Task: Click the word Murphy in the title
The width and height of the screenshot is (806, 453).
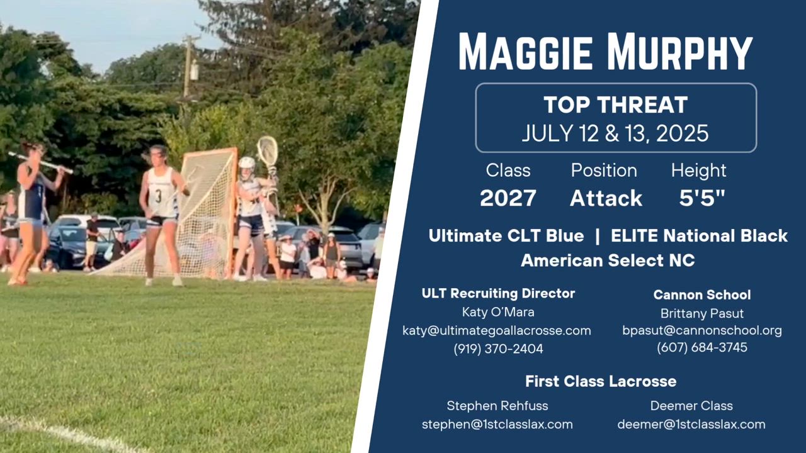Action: (679, 52)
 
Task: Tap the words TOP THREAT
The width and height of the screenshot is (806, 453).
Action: (616, 104)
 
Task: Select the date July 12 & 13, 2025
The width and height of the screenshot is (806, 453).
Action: (615, 133)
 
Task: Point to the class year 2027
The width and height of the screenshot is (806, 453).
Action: (508, 198)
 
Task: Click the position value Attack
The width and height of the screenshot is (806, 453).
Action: (606, 198)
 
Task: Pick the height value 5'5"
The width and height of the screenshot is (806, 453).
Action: (702, 198)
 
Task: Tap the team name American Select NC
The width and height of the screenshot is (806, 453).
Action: (608, 260)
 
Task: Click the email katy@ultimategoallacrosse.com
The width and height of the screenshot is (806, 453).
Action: (497, 331)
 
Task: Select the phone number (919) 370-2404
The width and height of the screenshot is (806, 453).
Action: (498, 349)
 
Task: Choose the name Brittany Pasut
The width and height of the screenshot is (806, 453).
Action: (702, 313)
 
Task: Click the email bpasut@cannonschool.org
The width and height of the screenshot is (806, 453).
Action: (702, 331)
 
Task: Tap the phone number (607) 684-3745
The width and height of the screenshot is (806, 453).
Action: (702, 347)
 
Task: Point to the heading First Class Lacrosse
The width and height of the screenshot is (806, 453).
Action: (601, 381)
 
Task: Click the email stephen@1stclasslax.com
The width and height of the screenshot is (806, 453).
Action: (497, 425)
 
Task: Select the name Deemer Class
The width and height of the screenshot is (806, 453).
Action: (691, 406)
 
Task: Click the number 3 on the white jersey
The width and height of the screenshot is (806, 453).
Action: (158, 196)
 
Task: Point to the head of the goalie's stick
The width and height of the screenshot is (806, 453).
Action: (268, 150)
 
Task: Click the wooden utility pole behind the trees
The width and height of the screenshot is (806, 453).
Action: (188, 67)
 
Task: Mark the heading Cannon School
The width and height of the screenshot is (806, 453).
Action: (702, 295)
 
